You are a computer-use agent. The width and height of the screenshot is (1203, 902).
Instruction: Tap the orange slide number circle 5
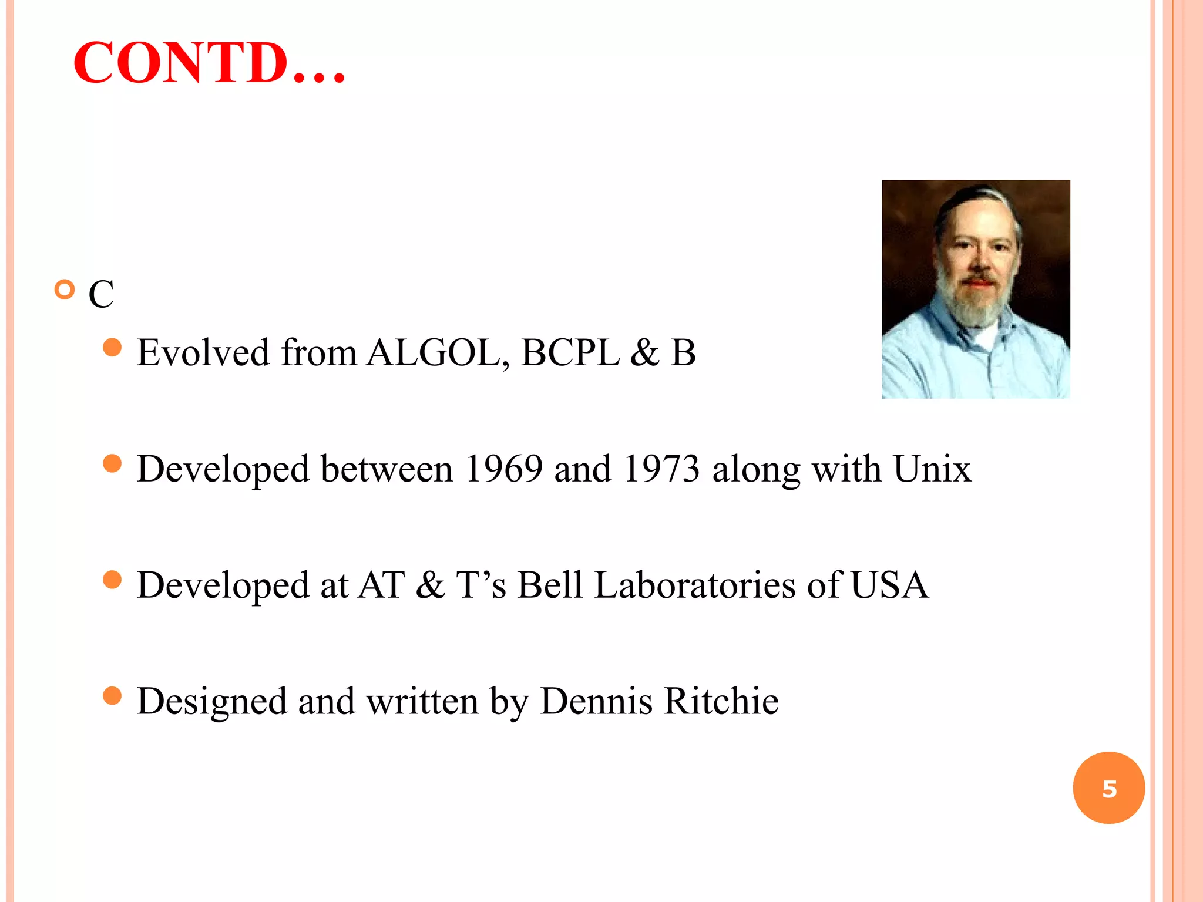pyautogui.click(x=1108, y=788)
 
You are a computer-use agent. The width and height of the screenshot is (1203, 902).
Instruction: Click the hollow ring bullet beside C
pyautogui.click(x=65, y=290)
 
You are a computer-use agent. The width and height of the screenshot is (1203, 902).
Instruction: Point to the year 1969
pyautogui.click(x=503, y=469)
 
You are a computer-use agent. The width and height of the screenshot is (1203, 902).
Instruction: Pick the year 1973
pyautogui.click(x=661, y=469)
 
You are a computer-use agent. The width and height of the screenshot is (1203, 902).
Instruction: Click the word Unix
pyautogui.click(x=932, y=469)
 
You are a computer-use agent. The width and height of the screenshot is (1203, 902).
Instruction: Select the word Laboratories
pyautogui.click(x=695, y=585)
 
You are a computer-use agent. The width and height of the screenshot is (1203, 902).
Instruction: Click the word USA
pyautogui.click(x=889, y=585)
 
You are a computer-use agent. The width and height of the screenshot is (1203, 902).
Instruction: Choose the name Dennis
pyautogui.click(x=596, y=701)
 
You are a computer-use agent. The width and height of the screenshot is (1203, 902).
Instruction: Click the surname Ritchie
pyautogui.click(x=721, y=701)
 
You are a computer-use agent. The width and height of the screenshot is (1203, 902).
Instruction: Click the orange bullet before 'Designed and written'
pyautogui.click(x=112, y=696)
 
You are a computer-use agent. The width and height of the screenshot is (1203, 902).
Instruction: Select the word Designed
pyautogui.click(x=212, y=701)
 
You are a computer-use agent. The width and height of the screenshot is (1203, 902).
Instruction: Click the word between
pyautogui.click(x=387, y=469)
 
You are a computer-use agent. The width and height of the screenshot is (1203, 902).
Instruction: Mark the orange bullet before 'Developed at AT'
pyautogui.click(x=112, y=580)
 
